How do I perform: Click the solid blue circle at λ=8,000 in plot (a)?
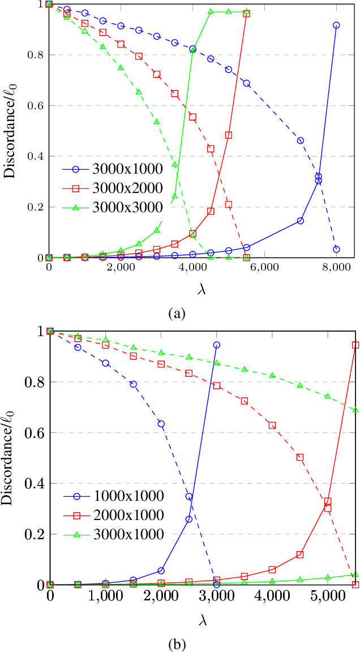tap(336, 25)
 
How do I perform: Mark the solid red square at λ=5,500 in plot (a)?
tap(246, 14)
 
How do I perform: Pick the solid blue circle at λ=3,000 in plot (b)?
tap(217, 345)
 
